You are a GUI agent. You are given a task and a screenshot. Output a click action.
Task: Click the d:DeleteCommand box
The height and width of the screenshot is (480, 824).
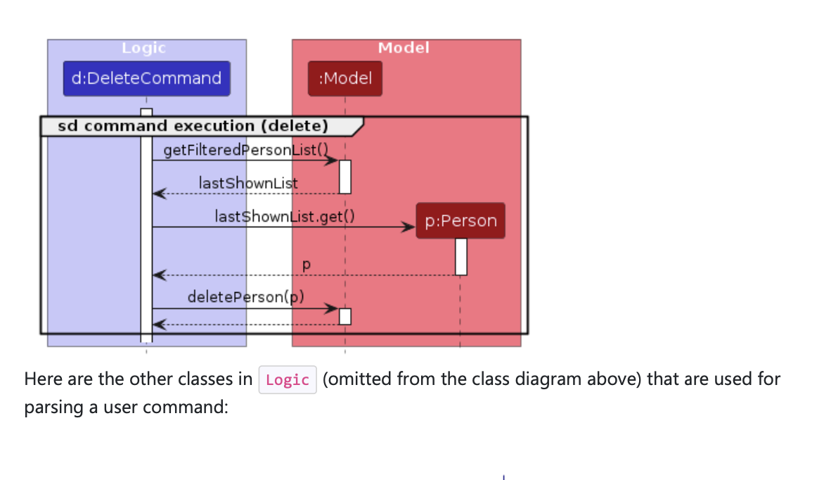[146, 78]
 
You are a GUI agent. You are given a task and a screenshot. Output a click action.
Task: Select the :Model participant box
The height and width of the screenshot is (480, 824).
[345, 78]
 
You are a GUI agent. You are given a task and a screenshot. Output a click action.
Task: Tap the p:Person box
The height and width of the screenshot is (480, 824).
[461, 221]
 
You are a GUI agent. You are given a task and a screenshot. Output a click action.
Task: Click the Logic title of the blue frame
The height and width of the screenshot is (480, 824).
[143, 48]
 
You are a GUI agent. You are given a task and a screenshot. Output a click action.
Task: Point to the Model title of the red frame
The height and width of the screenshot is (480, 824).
[404, 48]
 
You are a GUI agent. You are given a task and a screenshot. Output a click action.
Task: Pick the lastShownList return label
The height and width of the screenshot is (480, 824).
[248, 183]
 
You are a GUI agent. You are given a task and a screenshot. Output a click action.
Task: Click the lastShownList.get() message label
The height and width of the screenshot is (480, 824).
[284, 216]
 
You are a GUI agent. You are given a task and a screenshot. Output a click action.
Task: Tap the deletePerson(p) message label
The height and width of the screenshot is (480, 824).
[245, 296]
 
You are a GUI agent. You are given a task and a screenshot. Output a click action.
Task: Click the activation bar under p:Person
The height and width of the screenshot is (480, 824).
[461, 257]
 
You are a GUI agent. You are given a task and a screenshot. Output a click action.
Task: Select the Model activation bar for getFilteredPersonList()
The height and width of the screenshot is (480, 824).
[345, 177]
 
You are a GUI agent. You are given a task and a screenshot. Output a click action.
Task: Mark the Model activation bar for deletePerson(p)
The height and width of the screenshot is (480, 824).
[345, 316]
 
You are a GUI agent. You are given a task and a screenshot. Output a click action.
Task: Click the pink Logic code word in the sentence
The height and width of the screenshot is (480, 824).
[288, 380]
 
